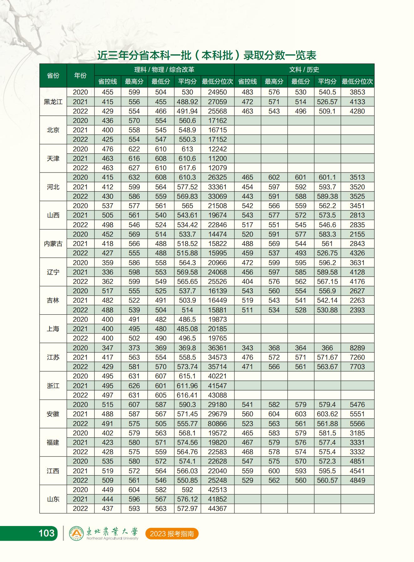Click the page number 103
coord(46,533)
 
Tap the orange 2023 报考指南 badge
coord(172,534)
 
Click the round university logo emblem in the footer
coord(76,533)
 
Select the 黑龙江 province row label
coord(53,102)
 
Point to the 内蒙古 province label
coord(53,244)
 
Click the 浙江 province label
coord(53,386)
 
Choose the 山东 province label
coord(53,499)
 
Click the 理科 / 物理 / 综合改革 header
coord(164,70)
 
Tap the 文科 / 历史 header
coord(304,70)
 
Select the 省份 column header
coord(53,75)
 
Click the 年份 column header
coord(80,75)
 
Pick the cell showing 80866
coord(217,424)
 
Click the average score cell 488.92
coord(187,102)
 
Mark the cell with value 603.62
coord(327,414)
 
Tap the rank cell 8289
coord(357,348)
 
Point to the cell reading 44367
coord(217,508)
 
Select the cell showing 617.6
coord(187,168)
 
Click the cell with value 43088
coord(217,395)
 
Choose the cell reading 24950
coord(217,92)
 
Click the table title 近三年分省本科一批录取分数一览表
coord(207,55)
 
